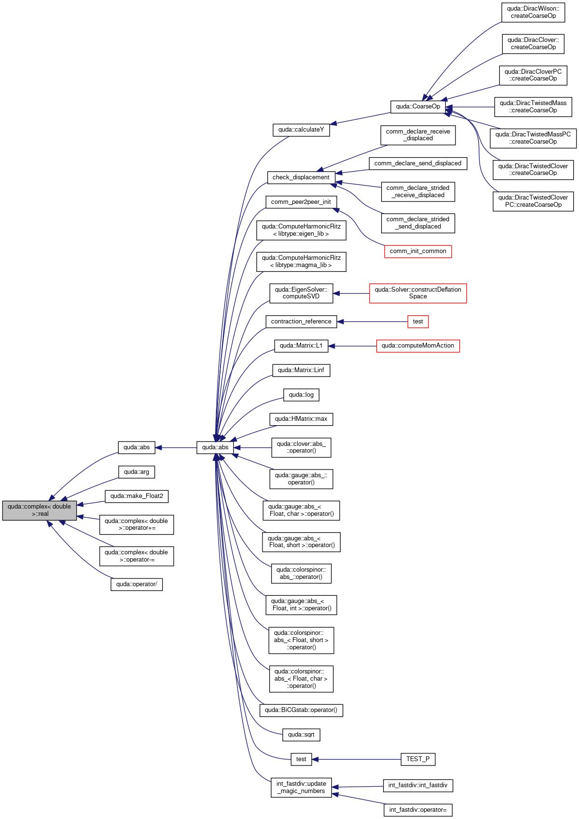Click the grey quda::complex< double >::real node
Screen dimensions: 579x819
pos(40,510)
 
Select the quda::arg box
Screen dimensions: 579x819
pos(137,471)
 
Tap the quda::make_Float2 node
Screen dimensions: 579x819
pos(137,496)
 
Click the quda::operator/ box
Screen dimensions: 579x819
pos(137,584)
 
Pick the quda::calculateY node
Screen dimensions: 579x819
pos(301,130)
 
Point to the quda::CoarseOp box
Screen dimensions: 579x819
pos(418,107)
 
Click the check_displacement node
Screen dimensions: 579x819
pos(301,177)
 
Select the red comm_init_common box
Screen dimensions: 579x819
pos(418,251)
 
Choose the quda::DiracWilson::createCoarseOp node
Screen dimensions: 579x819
pos(533,13)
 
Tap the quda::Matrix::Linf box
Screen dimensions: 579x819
pos(301,370)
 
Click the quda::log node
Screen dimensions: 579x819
pos(301,395)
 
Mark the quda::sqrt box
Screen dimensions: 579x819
pos(301,735)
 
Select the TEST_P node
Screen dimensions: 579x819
pos(418,759)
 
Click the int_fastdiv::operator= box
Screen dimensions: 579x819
pos(418,810)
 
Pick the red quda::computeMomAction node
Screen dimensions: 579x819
pos(418,346)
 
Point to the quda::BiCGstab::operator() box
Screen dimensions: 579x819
pos(301,710)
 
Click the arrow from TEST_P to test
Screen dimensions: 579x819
pos(357,759)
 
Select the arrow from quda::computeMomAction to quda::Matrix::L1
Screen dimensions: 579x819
pos(352,346)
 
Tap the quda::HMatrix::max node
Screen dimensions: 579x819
pos(301,419)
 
